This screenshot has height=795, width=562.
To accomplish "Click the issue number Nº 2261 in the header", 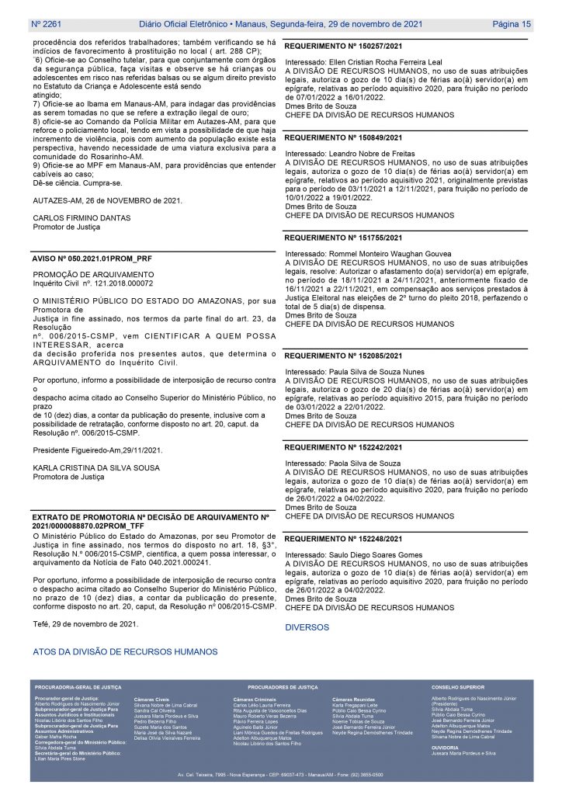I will (47, 24).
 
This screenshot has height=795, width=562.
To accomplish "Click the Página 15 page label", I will (512, 24).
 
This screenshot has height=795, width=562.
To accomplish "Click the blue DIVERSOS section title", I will (307, 627).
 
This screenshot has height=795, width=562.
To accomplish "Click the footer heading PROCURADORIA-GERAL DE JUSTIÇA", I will (78, 688).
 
